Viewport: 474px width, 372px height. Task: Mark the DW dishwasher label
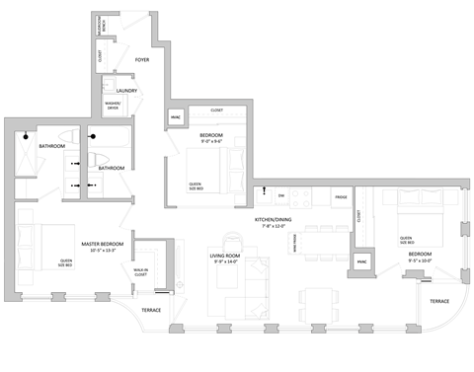pos(280,196)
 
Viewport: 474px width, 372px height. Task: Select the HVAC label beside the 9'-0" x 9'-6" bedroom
pos(178,119)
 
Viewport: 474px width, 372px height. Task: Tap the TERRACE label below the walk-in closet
pos(151,310)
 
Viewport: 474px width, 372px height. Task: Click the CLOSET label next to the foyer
pos(100,57)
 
